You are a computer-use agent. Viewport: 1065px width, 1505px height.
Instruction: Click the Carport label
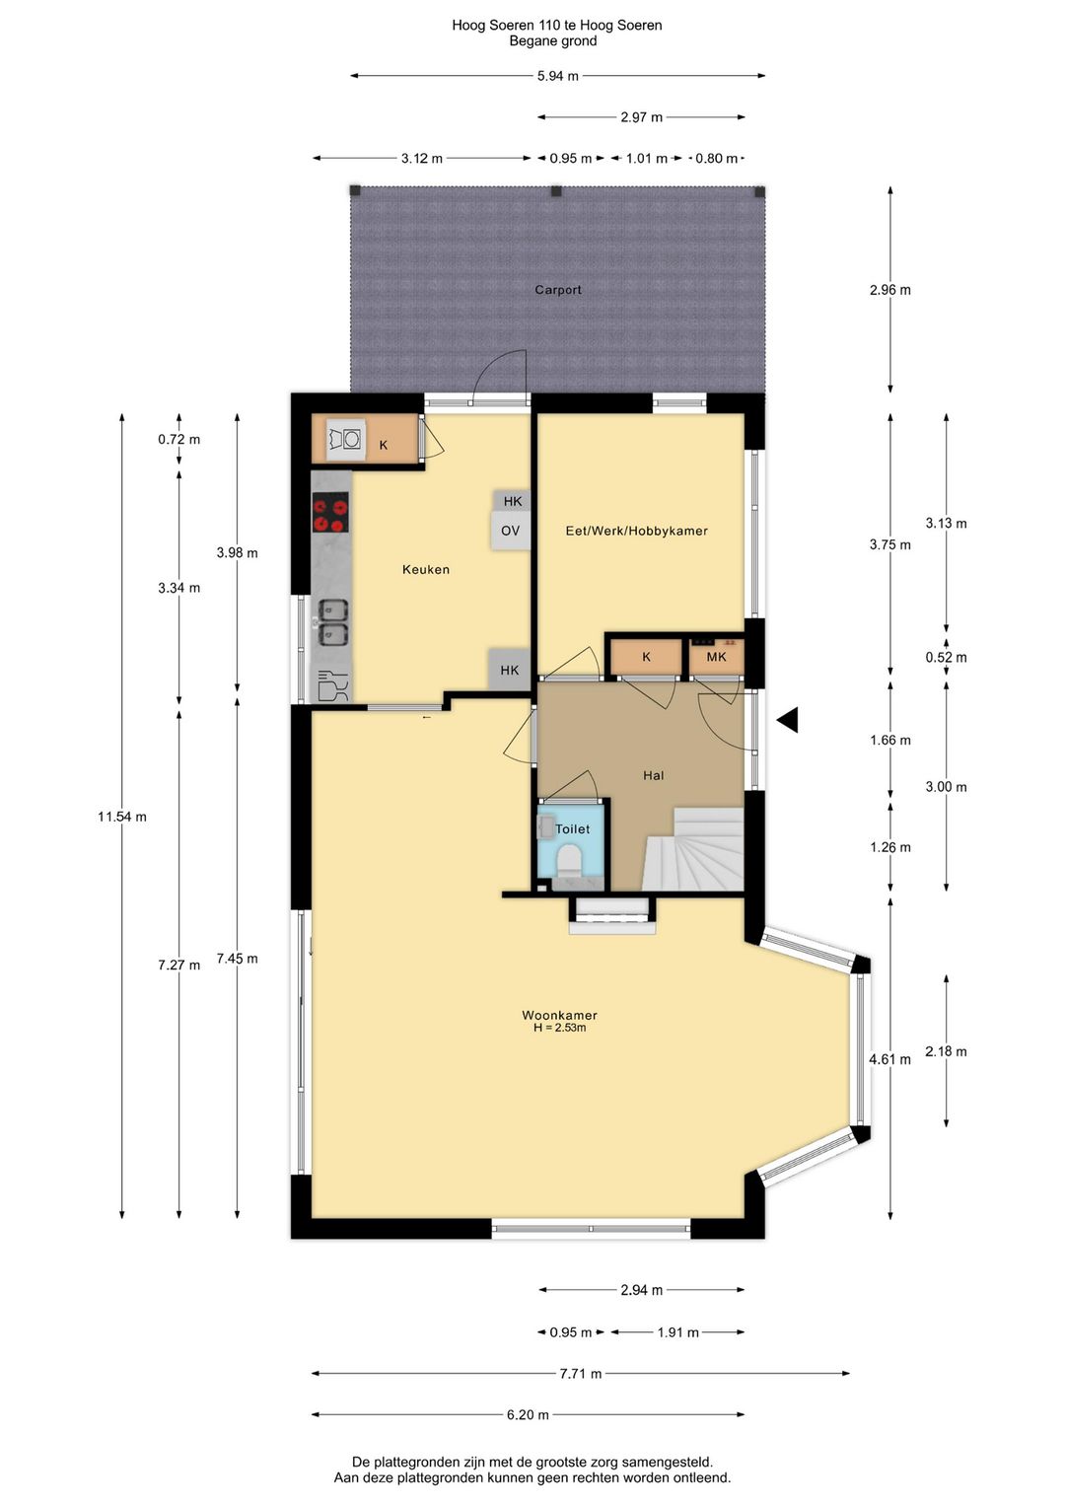click(x=557, y=290)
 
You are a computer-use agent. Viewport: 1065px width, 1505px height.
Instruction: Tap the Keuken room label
click(x=425, y=569)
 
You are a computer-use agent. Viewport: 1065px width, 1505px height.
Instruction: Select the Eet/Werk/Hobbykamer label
click(x=636, y=531)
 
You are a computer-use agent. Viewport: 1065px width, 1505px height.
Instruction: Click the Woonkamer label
click(x=559, y=1015)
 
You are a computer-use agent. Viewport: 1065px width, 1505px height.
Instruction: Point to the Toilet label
click(x=572, y=829)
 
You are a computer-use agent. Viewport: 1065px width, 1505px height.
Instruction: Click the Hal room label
click(x=653, y=775)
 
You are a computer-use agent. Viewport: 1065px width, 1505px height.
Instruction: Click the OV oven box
click(x=510, y=531)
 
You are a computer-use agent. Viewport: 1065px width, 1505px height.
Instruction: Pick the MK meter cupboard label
click(x=716, y=657)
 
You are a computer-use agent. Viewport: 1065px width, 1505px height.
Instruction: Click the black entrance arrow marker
click(x=787, y=721)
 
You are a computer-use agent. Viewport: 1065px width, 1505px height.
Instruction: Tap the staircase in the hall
click(x=695, y=850)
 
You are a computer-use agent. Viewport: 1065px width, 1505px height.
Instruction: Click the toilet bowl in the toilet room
click(x=569, y=865)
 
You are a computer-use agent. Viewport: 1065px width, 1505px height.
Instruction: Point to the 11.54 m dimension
click(x=122, y=817)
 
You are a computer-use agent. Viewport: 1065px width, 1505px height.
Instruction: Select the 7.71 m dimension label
click(x=581, y=1373)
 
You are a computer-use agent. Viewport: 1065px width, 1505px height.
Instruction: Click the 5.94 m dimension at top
click(x=557, y=76)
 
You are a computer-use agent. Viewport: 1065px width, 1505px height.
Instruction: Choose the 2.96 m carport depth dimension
click(x=889, y=290)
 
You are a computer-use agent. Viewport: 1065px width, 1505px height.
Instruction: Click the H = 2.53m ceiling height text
click(x=559, y=1028)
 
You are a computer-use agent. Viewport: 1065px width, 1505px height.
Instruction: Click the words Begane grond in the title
click(x=552, y=41)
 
